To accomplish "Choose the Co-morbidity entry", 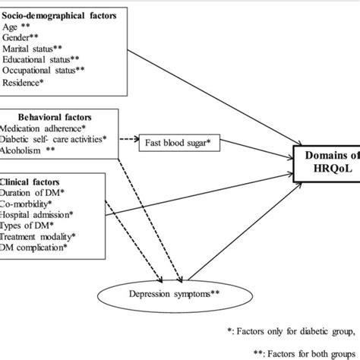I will pos(30,204).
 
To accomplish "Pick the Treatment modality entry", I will pos(41,237).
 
